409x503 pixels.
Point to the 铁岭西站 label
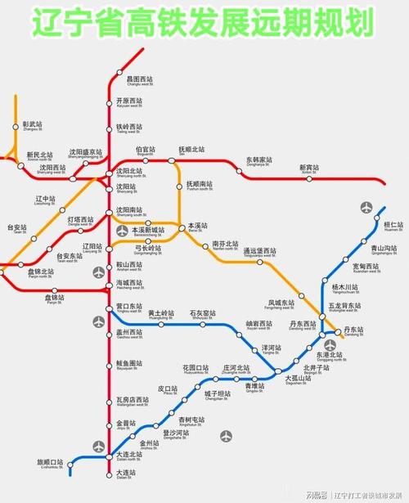coord(128,127)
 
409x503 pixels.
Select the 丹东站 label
coord(352,330)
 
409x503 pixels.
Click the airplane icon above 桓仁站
coord(365,208)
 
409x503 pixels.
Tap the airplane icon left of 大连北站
coord(99,446)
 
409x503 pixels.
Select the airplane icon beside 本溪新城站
coord(123,231)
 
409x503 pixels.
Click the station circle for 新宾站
coord(308,181)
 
